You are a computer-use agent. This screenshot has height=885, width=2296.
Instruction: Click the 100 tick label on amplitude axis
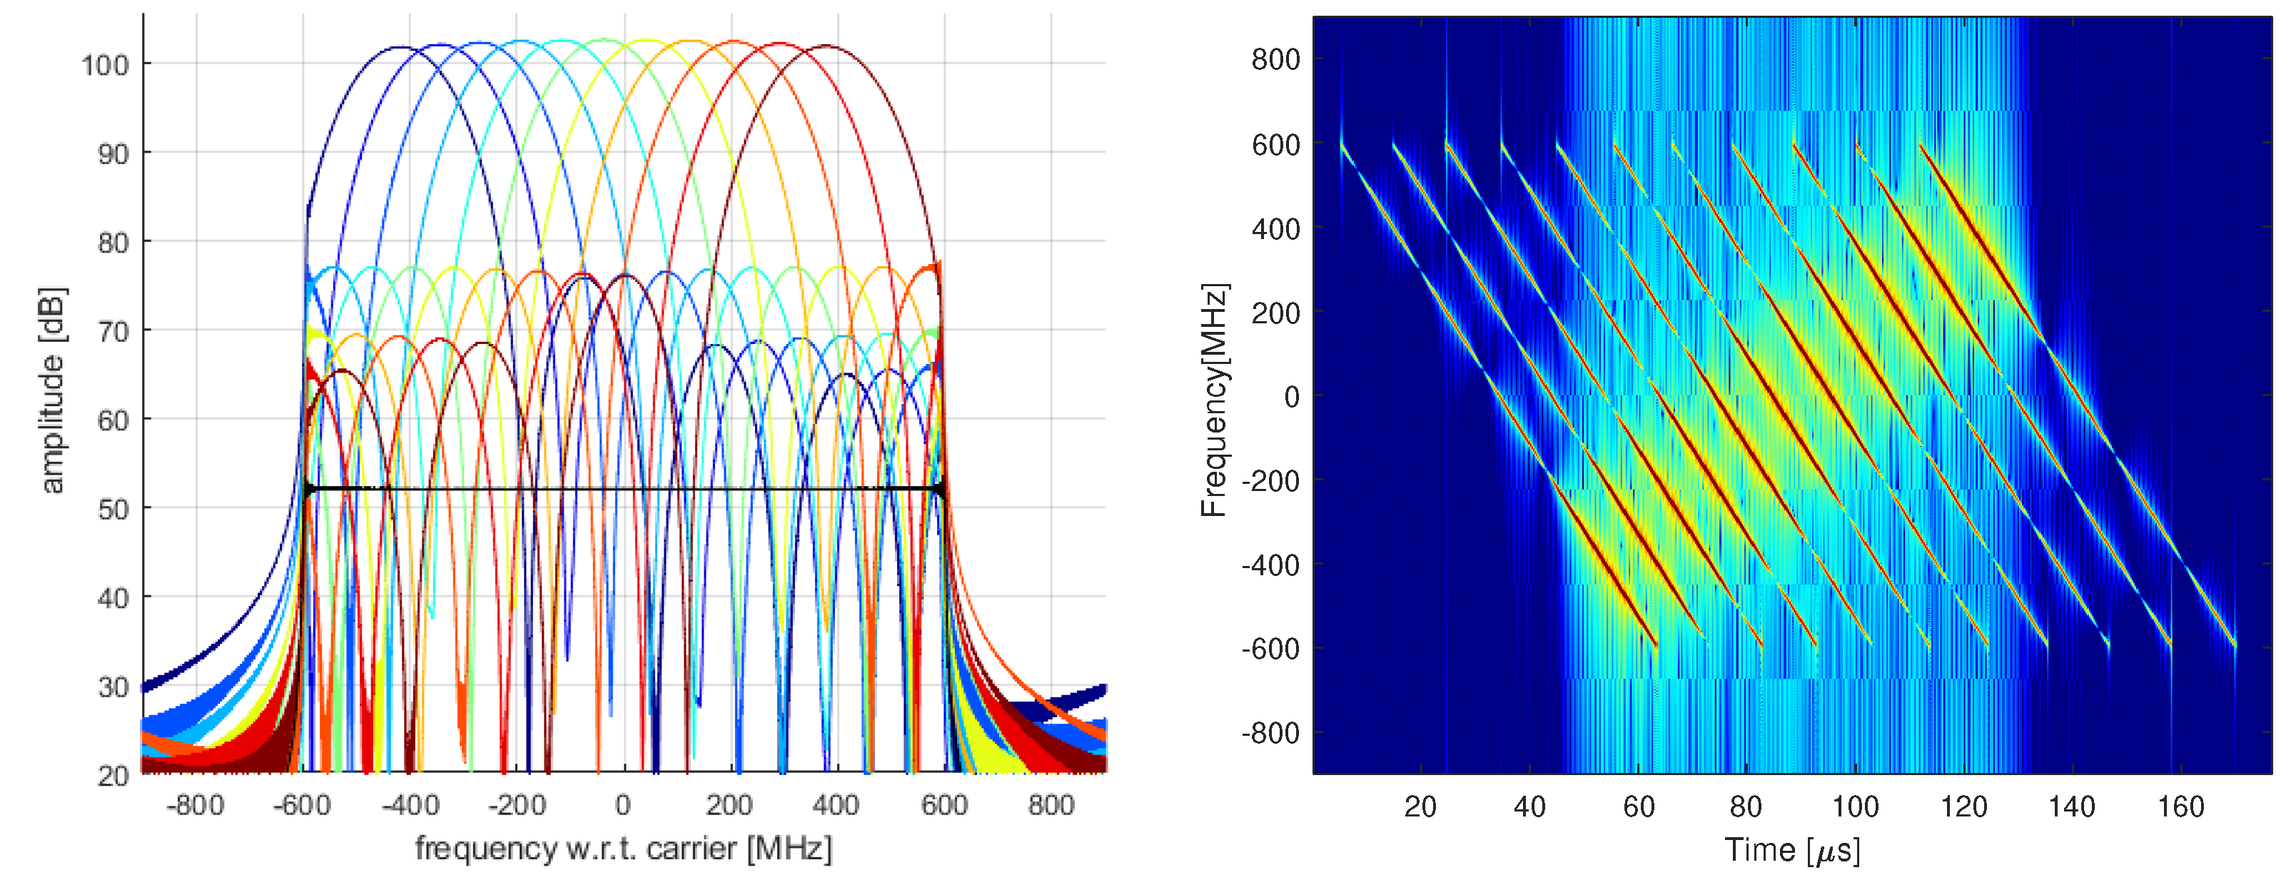click(x=105, y=65)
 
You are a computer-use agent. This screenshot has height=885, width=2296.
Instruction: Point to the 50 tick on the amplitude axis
click(x=113, y=509)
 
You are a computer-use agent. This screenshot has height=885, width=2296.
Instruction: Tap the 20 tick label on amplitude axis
click(x=113, y=775)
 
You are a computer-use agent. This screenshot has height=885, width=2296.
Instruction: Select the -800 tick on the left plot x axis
click(x=195, y=806)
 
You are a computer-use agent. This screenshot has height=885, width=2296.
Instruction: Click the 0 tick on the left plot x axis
click(x=623, y=806)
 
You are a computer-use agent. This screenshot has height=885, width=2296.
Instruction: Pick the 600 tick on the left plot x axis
click(x=944, y=806)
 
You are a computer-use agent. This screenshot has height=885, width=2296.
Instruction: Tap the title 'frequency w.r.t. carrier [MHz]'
click(x=623, y=849)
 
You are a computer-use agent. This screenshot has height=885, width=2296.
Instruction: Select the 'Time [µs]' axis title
click(x=1791, y=850)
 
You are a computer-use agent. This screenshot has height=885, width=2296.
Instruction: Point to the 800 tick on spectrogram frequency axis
click(x=1275, y=60)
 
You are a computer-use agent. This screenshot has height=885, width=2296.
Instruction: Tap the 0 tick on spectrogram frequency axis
click(x=1290, y=397)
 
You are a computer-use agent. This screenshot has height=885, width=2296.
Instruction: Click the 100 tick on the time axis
click(x=1855, y=807)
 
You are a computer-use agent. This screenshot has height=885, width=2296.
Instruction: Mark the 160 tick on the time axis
click(x=2180, y=807)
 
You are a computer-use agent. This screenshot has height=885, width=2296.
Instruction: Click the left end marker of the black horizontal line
click(x=308, y=488)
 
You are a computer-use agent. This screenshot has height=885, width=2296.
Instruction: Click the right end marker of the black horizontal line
click(x=939, y=488)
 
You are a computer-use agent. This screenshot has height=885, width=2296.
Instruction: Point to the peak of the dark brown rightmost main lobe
click(x=827, y=46)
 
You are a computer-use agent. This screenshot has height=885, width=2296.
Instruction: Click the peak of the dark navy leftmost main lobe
click(x=398, y=47)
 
